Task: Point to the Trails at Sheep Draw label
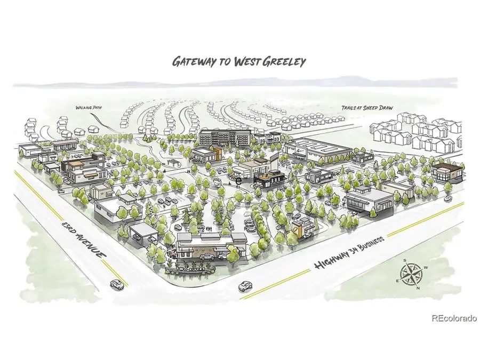click(367, 108)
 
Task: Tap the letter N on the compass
click(418, 288)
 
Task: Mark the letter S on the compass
click(405, 261)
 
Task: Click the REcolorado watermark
click(454, 318)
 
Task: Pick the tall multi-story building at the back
click(223, 137)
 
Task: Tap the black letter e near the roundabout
click(239, 181)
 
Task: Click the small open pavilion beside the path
click(172, 161)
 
